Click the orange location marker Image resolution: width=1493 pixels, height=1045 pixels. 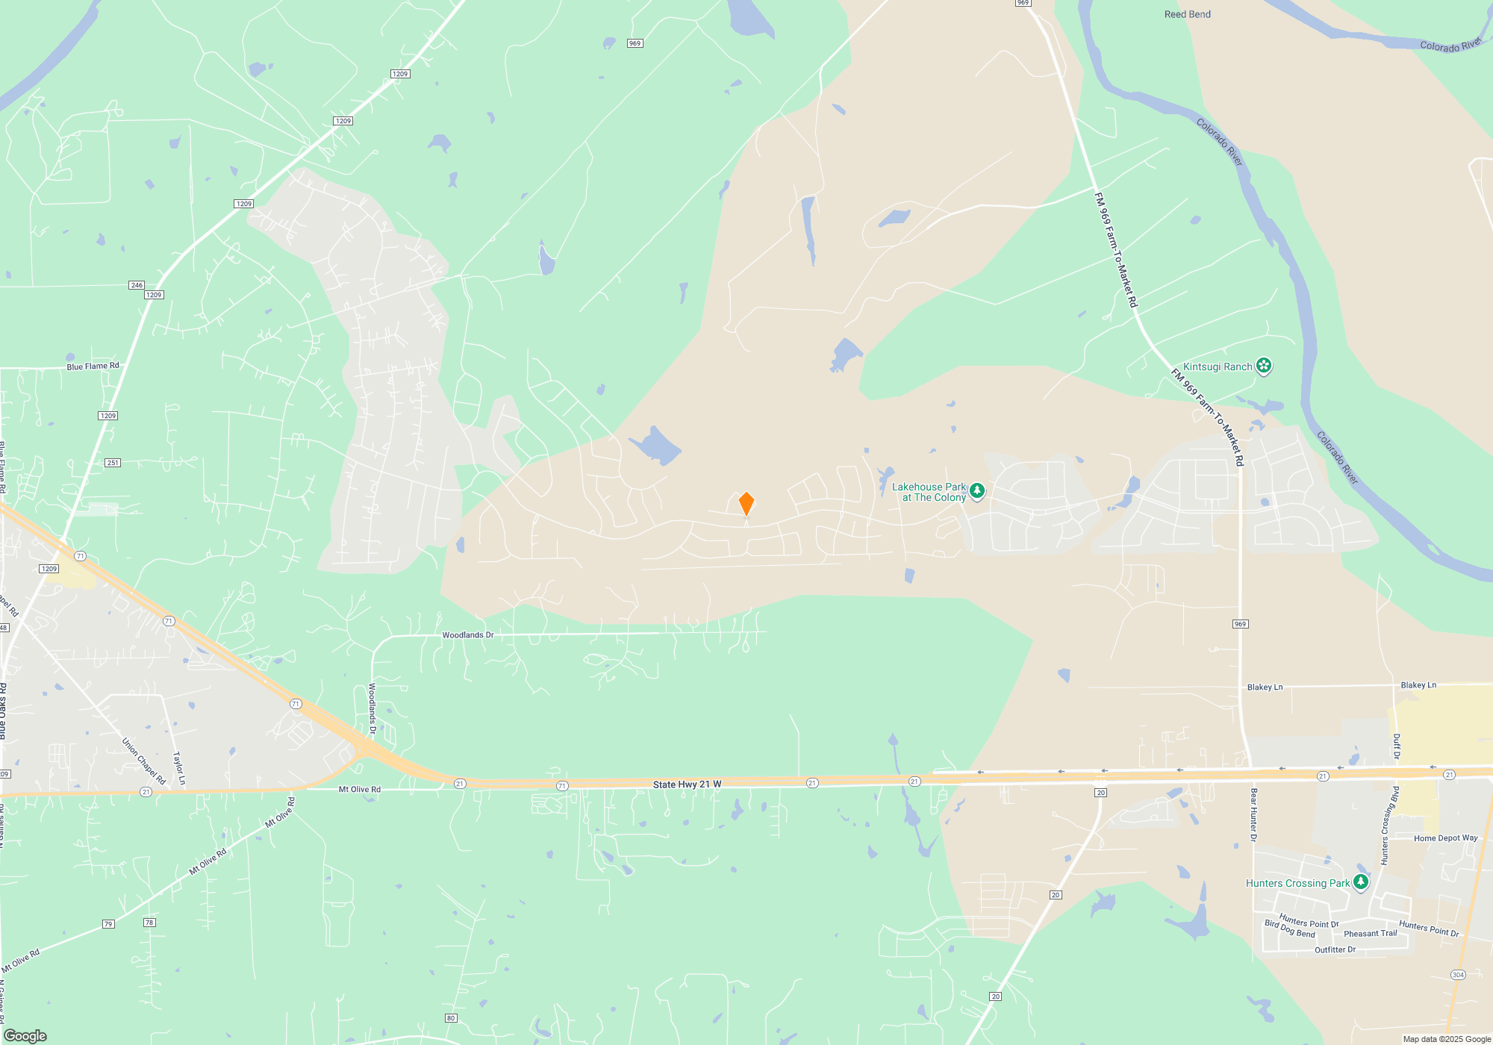tap(746, 504)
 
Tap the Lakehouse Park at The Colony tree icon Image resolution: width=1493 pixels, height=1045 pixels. tap(977, 490)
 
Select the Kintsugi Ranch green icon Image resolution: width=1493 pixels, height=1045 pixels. tap(1264, 366)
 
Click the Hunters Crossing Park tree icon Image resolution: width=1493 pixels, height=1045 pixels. tap(1361, 882)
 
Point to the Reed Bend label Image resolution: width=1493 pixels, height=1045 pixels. tap(1187, 14)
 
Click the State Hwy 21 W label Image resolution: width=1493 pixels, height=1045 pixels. tap(687, 784)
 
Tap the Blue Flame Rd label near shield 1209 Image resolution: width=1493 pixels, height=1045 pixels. tap(93, 366)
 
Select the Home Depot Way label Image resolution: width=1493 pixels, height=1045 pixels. tap(1445, 838)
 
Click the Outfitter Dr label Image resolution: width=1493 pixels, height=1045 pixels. tap(1335, 950)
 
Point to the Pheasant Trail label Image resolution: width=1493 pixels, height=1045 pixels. tap(1370, 934)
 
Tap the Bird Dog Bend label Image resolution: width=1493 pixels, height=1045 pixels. tap(1290, 929)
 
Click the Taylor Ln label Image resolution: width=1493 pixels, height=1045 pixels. tap(179, 768)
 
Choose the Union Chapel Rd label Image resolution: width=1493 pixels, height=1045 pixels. tap(143, 761)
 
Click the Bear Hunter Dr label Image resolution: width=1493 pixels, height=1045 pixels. tap(1253, 814)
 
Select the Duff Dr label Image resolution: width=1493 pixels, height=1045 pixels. tap(1397, 746)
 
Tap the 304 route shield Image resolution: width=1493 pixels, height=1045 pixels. tap(1458, 975)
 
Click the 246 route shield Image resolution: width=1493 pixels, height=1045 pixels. tap(136, 285)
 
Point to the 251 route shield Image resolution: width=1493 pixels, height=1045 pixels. tap(113, 463)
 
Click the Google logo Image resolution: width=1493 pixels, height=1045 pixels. tap(25, 1036)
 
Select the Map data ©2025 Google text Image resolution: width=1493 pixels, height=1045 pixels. tap(1447, 1039)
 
